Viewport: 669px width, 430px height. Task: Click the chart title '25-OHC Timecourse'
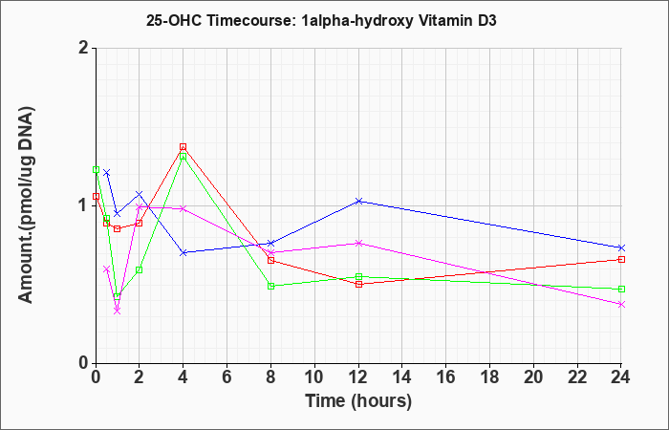(x=222, y=20)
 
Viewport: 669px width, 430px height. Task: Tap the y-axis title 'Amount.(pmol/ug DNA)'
(x=26, y=205)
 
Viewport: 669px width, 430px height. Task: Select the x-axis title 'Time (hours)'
(x=358, y=400)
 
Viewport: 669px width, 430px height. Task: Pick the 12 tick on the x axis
(x=358, y=376)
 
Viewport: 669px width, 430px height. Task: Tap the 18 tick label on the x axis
(x=490, y=376)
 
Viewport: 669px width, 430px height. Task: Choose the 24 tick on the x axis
(x=620, y=376)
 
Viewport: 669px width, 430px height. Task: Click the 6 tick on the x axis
(x=227, y=376)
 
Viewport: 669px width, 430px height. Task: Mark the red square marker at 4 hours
(x=183, y=147)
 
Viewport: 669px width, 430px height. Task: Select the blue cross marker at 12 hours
(x=358, y=201)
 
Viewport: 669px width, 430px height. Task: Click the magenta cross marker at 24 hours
(x=621, y=304)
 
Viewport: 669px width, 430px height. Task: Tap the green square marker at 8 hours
(x=270, y=286)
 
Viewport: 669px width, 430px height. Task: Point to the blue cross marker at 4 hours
(x=183, y=252)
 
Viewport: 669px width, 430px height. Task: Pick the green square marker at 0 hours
(x=96, y=169)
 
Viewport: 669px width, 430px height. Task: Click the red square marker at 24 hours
(x=621, y=259)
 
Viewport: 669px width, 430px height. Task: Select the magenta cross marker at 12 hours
(x=358, y=243)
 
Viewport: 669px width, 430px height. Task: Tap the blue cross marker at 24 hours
(x=621, y=247)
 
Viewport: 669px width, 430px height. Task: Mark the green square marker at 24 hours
(x=621, y=289)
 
